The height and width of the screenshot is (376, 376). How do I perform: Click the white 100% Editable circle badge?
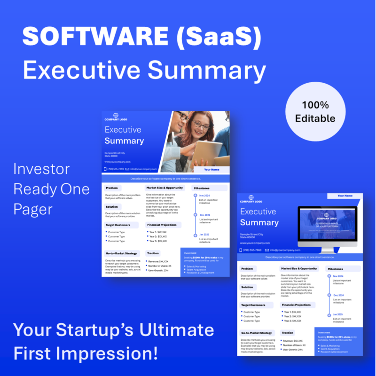click(315, 111)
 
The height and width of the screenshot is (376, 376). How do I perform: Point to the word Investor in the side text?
click(41, 169)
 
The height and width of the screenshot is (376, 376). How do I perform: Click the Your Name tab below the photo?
click(211, 169)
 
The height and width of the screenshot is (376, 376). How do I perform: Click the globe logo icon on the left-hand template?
click(116, 115)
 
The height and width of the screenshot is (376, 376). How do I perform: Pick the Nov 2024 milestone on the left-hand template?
click(204, 196)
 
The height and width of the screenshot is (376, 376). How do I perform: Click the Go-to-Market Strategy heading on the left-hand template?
click(121, 253)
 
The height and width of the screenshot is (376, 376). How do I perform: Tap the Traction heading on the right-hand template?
click(287, 333)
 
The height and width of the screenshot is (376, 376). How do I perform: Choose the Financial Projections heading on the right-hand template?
click(296, 305)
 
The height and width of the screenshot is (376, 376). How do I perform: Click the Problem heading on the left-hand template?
click(112, 188)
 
